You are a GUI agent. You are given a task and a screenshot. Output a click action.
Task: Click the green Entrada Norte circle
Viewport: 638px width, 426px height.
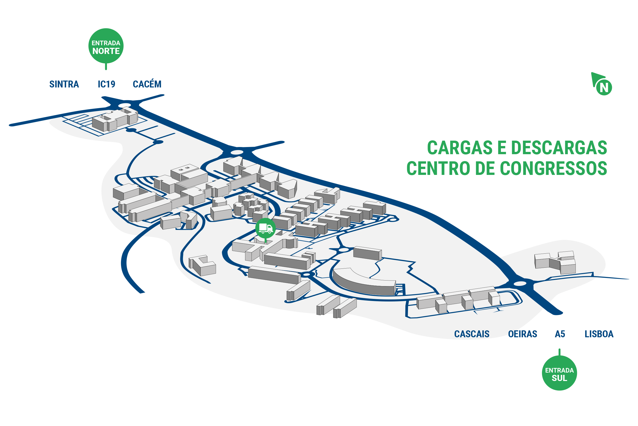(106, 46)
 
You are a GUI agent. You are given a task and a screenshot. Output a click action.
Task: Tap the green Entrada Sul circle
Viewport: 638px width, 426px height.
(559, 373)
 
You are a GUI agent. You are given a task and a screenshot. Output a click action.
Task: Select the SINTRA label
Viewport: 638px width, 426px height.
(64, 84)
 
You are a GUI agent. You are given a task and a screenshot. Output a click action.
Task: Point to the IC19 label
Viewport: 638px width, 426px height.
(106, 84)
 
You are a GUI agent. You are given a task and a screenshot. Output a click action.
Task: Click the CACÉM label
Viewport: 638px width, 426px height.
(147, 84)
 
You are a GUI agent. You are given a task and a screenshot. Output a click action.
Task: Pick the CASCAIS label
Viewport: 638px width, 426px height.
(472, 334)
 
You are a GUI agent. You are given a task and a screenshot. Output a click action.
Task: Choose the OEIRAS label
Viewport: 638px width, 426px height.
(522, 334)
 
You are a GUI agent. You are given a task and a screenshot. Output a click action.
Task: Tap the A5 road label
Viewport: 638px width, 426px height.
(560, 334)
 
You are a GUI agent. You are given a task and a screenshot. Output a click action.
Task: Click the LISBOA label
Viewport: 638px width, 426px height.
(599, 334)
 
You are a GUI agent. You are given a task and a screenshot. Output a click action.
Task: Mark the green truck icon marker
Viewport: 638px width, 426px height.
(265, 228)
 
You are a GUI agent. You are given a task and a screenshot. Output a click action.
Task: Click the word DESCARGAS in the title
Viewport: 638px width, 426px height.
(559, 148)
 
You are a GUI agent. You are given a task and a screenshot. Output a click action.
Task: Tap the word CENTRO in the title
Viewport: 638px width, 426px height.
(438, 168)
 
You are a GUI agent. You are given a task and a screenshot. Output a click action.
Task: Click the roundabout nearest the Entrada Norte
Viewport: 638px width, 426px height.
(125, 105)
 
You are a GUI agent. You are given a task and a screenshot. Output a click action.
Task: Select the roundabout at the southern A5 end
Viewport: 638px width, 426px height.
(520, 284)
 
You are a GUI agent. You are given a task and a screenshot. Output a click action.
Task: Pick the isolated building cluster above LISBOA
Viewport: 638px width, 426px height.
(555, 262)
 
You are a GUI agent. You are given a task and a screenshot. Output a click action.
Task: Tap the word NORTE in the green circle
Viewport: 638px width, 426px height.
(106, 51)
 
